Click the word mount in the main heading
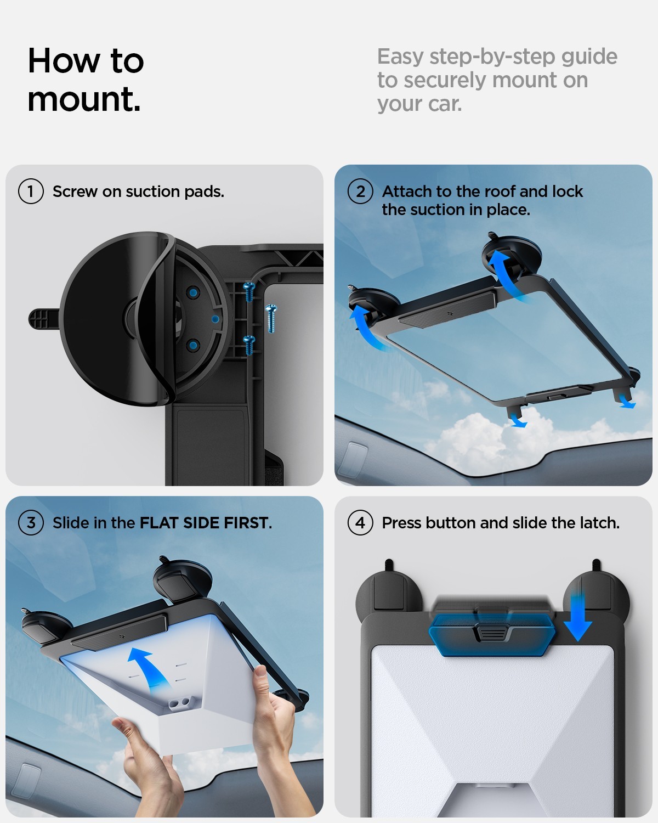(83, 100)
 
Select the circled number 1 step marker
(31, 191)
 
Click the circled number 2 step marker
(360, 191)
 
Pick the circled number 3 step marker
(31, 523)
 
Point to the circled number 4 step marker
(360, 523)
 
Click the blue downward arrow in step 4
(577, 617)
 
